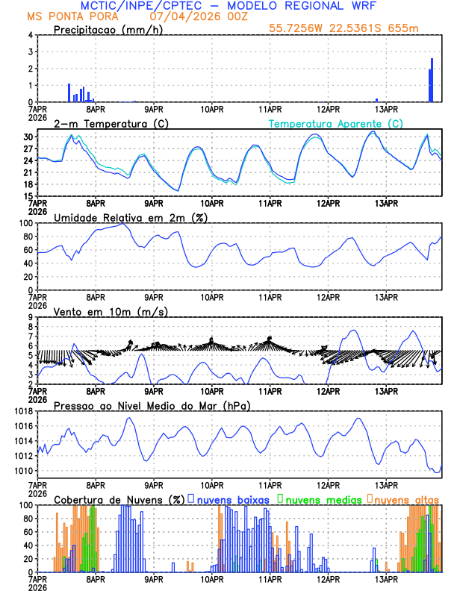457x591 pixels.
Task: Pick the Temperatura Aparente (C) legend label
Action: point(335,122)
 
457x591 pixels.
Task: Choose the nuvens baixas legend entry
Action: point(232,498)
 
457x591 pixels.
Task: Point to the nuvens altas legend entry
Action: point(404,498)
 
